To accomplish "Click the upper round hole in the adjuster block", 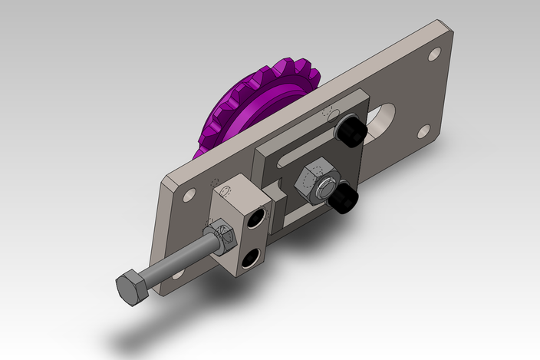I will [258, 217].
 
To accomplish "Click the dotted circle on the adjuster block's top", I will [226, 190].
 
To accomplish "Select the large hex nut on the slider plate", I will [315, 179].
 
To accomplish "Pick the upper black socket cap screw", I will [351, 132].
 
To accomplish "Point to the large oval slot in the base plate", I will [381, 123].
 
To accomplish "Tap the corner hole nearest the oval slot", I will [422, 131].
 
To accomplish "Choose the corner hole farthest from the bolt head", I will [434, 54].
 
